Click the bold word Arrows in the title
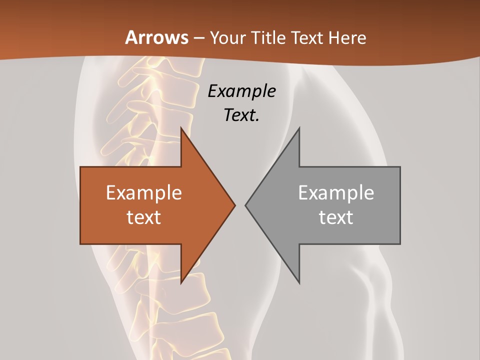tap(156, 37)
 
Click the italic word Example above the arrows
tap(241, 91)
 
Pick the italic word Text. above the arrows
tap(241, 115)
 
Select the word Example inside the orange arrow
tap(143, 192)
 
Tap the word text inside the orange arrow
tap(143, 217)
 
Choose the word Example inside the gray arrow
tap(336, 192)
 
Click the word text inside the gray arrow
tap(336, 217)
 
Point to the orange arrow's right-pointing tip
tap(235, 205)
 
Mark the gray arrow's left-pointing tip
tap(245, 205)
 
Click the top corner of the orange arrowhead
tap(181, 127)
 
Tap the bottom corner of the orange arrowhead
tap(181, 283)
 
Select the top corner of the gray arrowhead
tap(299, 127)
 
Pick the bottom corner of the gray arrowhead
tap(299, 283)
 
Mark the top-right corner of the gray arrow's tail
tap(400, 167)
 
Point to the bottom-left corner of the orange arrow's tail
tap(80, 244)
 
